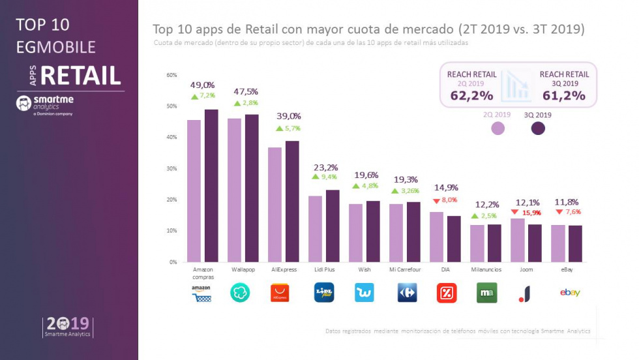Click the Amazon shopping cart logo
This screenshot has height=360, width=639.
coord(201,293)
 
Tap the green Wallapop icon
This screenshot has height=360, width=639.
coord(240,293)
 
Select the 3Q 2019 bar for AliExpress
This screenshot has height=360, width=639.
coord(292,202)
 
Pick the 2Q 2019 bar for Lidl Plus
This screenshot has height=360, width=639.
coord(316,229)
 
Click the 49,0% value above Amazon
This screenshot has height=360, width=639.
coord(202,85)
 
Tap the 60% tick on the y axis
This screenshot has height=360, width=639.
coord(172,75)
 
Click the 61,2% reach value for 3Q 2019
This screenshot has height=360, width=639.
coord(564,95)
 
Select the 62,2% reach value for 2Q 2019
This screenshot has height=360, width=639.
coord(471,95)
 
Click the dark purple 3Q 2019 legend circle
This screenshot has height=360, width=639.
coord(538,128)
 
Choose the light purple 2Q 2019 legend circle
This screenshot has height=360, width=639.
coord(498,128)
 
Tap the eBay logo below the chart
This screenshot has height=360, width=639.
coord(570,293)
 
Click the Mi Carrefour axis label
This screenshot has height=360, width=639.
coord(404,269)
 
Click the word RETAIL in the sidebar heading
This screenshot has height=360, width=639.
coord(81,76)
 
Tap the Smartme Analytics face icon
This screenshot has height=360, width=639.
coord(23,103)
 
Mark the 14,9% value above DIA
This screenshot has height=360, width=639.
coord(447,190)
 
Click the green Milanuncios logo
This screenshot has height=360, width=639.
coord(487,293)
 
